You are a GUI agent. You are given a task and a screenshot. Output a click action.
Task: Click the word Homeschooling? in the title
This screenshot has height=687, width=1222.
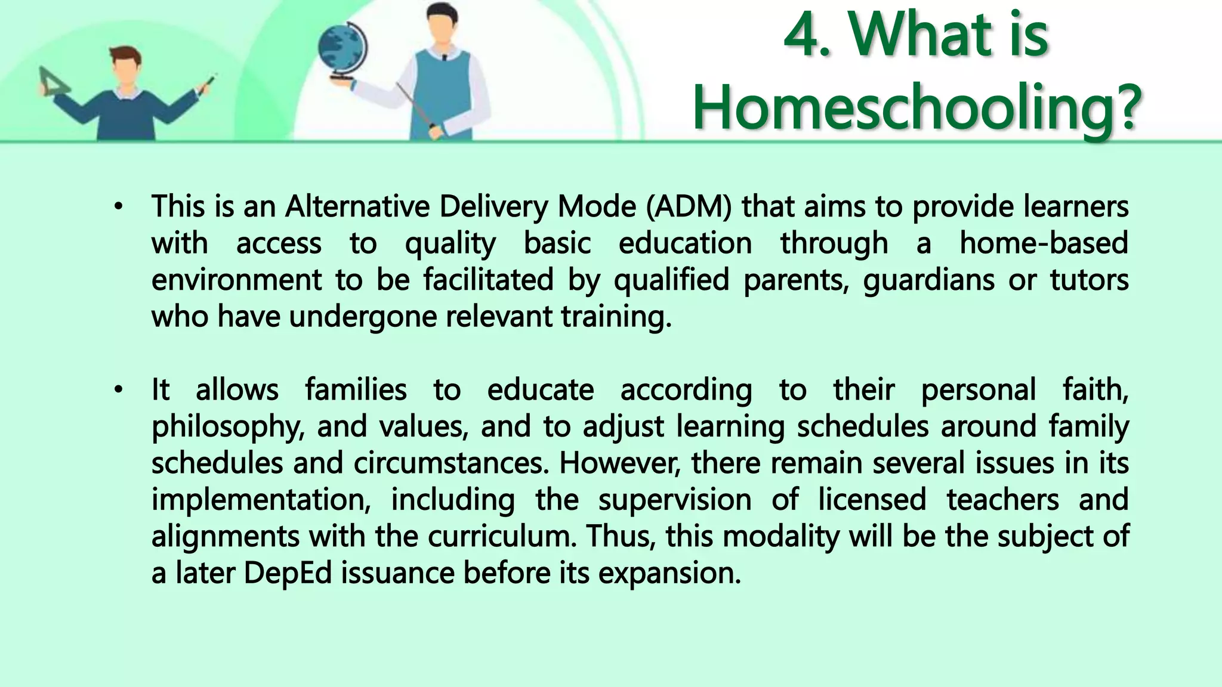click(x=916, y=109)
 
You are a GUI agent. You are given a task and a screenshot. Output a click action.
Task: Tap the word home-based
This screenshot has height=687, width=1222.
click(x=1044, y=243)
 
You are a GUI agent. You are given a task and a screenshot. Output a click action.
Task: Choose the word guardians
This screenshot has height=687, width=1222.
click(x=928, y=280)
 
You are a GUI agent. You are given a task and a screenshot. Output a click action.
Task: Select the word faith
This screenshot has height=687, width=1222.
click(x=1095, y=390)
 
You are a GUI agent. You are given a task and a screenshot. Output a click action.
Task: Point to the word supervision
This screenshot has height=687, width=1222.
click(x=674, y=500)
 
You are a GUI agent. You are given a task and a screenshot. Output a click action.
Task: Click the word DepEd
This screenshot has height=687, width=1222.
click(x=288, y=573)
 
